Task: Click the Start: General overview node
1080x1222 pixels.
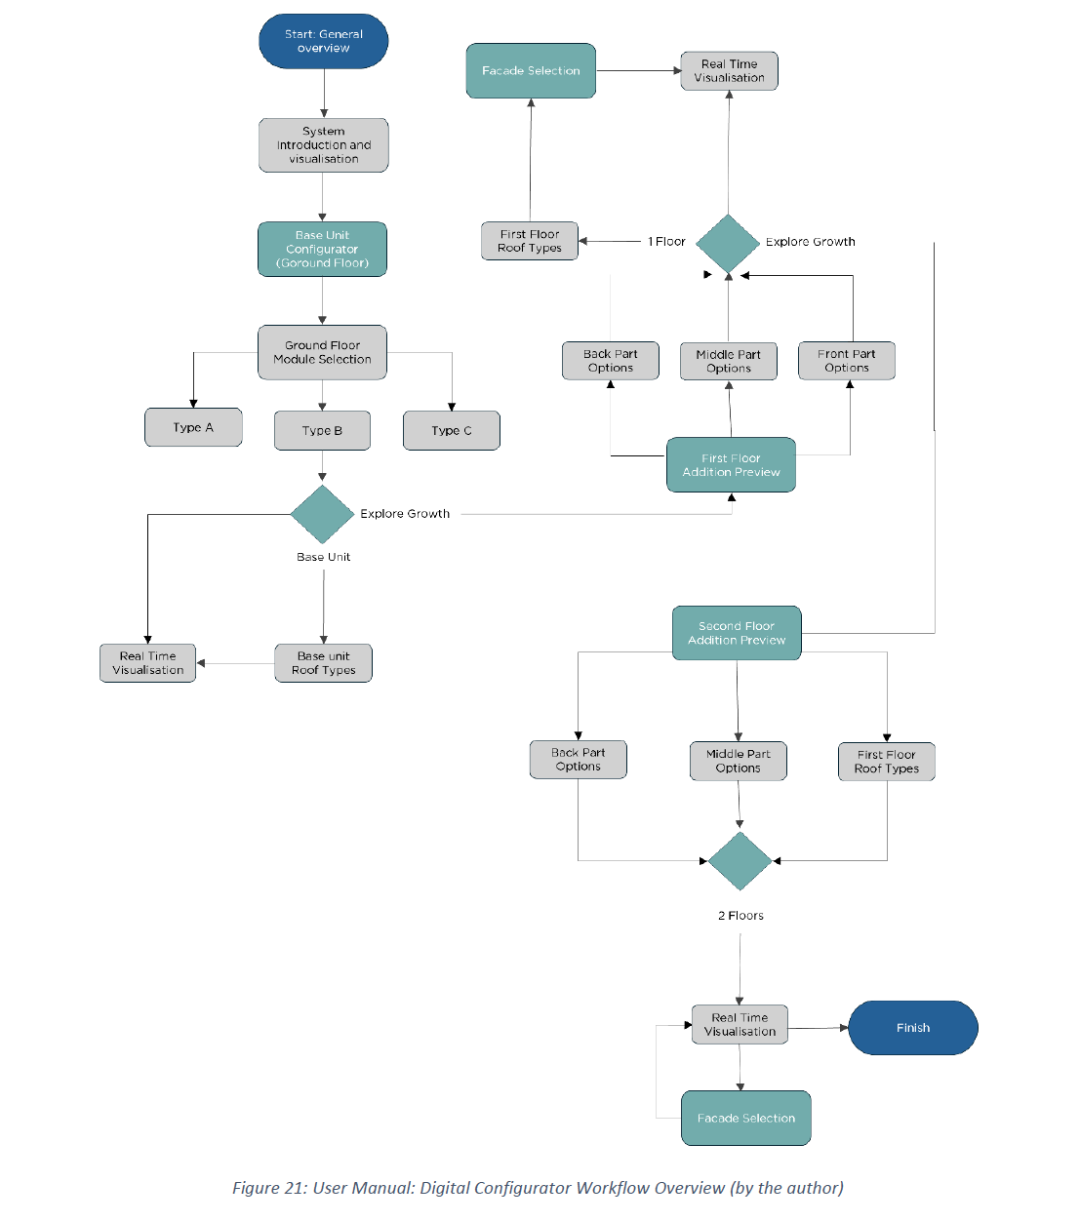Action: tap(323, 41)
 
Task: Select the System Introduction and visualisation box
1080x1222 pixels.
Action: tap(323, 145)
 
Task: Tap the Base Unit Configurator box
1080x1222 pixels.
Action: tap(322, 249)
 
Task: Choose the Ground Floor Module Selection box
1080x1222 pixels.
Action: tap(322, 352)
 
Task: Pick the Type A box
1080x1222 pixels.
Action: tap(193, 427)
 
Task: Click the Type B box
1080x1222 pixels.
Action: tap(322, 430)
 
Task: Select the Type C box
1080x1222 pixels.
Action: tap(451, 430)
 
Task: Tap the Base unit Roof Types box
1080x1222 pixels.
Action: tap(323, 663)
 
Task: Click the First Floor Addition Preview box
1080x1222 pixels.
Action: tap(731, 465)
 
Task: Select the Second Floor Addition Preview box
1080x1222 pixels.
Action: tap(737, 633)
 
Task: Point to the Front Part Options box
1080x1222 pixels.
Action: tap(846, 361)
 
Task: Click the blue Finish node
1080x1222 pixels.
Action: tap(912, 1028)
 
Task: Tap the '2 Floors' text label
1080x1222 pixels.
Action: tap(740, 916)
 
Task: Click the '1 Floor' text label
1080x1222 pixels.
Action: tap(666, 242)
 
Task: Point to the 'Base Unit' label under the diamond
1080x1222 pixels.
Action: tap(323, 557)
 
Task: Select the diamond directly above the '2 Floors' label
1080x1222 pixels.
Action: tap(740, 860)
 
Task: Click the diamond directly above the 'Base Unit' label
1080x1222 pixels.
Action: tap(322, 514)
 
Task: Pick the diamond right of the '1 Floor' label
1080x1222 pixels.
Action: tap(728, 243)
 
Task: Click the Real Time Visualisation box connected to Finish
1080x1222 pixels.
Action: tap(740, 1025)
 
